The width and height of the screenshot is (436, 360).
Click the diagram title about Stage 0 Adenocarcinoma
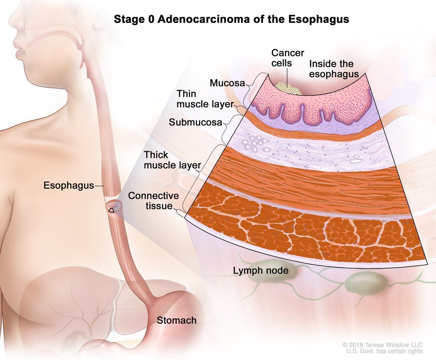pyautogui.click(x=231, y=19)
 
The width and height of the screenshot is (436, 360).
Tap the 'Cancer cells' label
pyautogui.click(x=288, y=58)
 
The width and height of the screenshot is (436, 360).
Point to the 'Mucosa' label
pyautogui.click(x=226, y=83)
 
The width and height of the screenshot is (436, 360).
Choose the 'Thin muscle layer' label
pyautogui.click(x=205, y=99)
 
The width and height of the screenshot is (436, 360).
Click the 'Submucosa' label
pyautogui.click(x=195, y=123)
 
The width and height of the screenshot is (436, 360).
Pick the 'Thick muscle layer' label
pyautogui.click(x=172, y=160)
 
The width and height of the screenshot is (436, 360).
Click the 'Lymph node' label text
pyautogui.click(x=261, y=271)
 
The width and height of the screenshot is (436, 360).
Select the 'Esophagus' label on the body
pyautogui.click(x=69, y=186)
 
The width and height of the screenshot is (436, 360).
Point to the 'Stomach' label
pyautogui.click(x=177, y=320)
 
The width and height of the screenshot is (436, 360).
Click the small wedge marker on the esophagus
pyautogui.click(x=112, y=210)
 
